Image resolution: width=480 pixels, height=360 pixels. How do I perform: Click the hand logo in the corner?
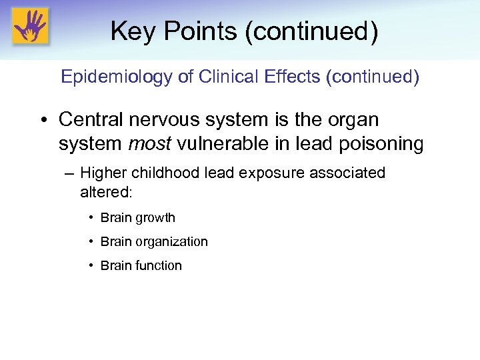pos(31,27)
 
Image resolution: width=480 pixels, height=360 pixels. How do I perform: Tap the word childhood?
pos(164,173)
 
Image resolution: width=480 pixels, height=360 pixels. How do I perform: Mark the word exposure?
pos(269,174)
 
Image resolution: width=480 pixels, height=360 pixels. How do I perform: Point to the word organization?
pos(173,242)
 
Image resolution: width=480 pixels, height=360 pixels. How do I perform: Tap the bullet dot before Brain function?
pos(90,265)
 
